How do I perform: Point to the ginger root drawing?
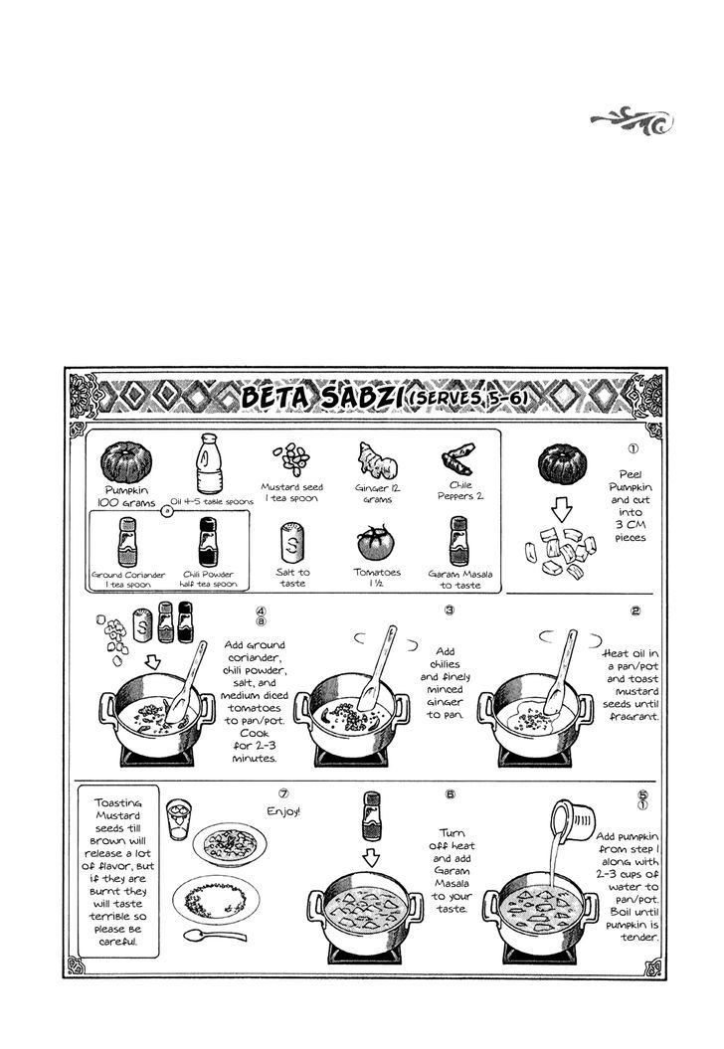(x=371, y=460)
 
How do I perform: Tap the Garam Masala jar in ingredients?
(x=457, y=541)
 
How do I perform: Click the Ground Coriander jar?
(x=126, y=543)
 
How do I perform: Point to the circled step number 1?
(x=633, y=447)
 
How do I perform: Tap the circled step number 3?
(x=450, y=610)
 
